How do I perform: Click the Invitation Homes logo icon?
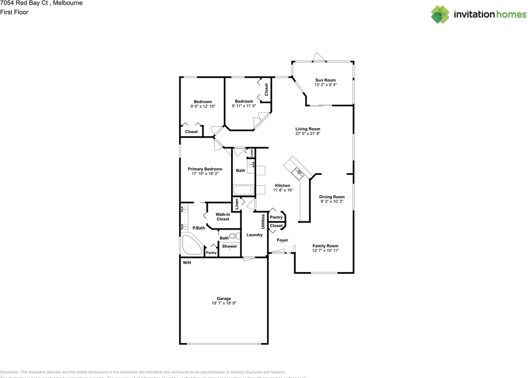click(x=440, y=14)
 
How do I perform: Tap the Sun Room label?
click(x=325, y=80)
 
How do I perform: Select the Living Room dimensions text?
click(x=308, y=134)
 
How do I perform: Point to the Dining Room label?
click(x=332, y=197)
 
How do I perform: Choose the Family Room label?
click(x=325, y=246)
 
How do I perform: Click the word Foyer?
click(x=283, y=240)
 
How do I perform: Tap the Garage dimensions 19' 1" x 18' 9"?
click(x=224, y=303)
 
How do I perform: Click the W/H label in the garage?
click(x=187, y=263)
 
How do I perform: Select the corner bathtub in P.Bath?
click(x=191, y=246)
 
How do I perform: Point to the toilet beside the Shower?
click(x=234, y=237)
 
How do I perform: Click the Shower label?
click(x=230, y=247)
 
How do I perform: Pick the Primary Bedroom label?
click(x=205, y=169)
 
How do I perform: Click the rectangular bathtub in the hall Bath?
click(x=243, y=191)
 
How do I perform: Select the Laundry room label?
click(x=255, y=235)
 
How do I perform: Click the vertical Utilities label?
click(x=263, y=221)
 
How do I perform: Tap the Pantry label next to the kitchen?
click(x=276, y=217)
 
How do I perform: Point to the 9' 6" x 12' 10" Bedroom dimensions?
click(x=203, y=106)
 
